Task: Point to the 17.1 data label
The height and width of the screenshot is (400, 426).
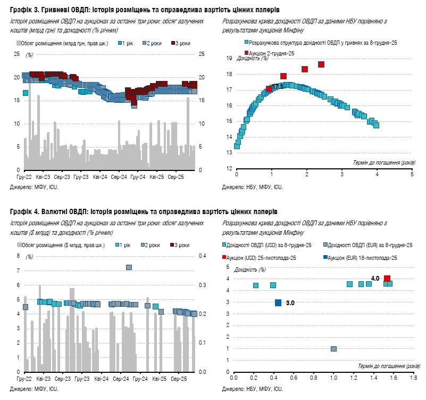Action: tap(277, 86)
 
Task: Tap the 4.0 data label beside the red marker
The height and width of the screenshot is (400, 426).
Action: tap(375, 278)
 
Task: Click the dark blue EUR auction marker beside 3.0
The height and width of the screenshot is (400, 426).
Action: tap(278, 303)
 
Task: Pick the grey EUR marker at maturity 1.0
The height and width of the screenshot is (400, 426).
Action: tap(333, 349)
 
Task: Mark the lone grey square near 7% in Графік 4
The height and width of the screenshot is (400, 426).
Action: tap(129, 267)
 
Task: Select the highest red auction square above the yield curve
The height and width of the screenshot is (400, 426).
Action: tap(321, 64)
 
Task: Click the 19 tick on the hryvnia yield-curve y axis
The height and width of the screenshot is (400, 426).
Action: tap(230, 59)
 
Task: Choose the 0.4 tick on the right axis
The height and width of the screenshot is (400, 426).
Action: tap(203, 256)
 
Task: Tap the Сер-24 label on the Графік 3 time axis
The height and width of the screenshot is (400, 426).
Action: tap(119, 176)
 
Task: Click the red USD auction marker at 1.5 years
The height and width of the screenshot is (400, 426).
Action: tap(387, 279)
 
